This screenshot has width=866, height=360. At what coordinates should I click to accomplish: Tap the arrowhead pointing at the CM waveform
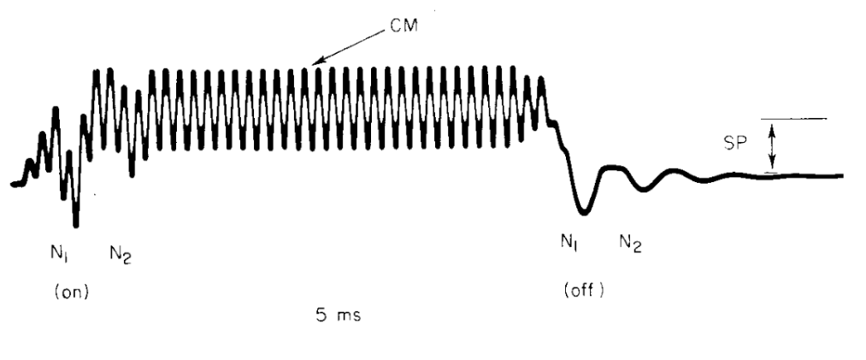[x=315, y=64]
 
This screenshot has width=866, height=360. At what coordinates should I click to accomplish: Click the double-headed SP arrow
[x=774, y=146]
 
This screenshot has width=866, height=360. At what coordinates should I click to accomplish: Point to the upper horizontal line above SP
[x=794, y=119]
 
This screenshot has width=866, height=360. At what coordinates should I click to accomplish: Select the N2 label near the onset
[x=121, y=252]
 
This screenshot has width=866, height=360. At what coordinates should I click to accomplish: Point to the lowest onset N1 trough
[x=76, y=226]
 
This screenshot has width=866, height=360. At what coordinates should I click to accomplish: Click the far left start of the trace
[x=14, y=184]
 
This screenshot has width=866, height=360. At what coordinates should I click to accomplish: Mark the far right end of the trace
[x=841, y=176]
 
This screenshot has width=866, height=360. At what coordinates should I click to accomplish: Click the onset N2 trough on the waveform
[x=132, y=175]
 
